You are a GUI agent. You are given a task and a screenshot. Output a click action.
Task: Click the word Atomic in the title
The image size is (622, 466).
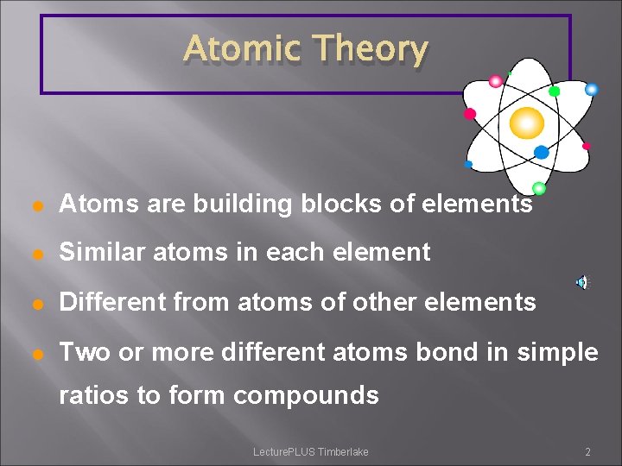click(242, 49)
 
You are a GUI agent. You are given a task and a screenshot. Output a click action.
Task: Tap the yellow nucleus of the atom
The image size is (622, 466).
click(526, 123)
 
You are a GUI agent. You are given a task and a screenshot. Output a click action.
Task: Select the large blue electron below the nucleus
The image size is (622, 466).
click(542, 153)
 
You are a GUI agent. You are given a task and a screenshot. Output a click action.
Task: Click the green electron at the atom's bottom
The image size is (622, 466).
click(538, 188)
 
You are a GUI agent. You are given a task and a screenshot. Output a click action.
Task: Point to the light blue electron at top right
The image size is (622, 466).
click(592, 89)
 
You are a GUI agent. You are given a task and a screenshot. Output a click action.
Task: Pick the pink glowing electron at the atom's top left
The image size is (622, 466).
click(496, 82)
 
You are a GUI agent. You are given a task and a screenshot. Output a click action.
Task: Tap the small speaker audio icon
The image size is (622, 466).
click(582, 282)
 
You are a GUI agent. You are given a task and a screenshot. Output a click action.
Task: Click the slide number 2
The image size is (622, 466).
click(587, 452)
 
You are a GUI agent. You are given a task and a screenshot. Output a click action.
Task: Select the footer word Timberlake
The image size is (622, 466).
click(343, 452)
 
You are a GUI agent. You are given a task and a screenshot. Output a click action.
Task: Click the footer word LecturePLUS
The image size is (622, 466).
click(284, 452)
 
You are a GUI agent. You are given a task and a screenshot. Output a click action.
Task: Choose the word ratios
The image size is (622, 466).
click(89, 395)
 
